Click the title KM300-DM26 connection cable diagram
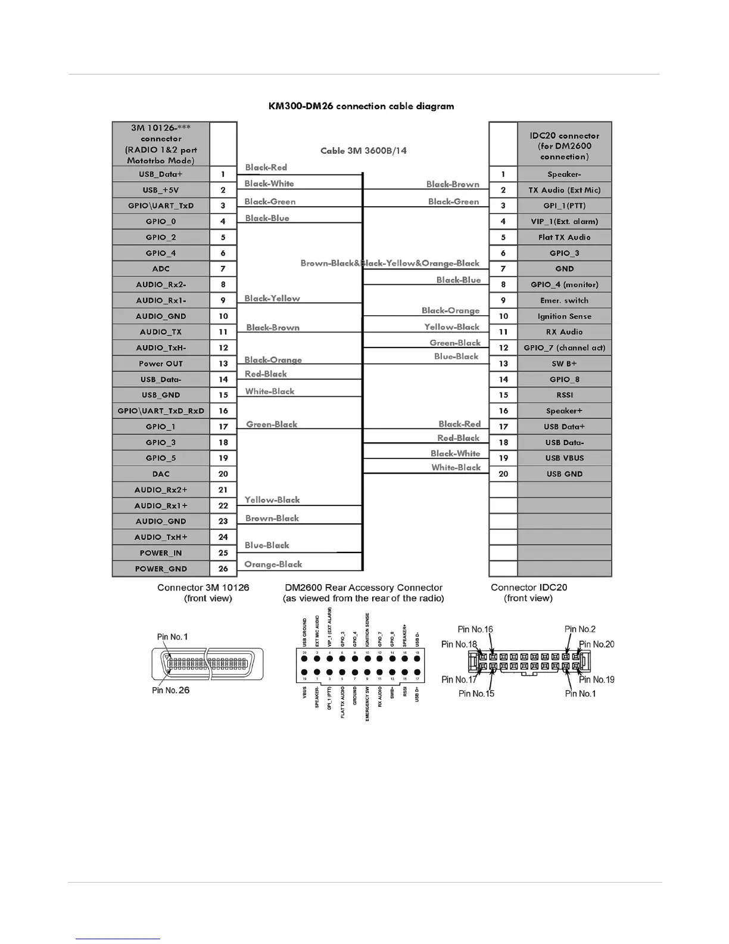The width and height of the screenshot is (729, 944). click(361, 107)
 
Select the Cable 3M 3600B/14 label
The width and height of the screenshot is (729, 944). click(363, 151)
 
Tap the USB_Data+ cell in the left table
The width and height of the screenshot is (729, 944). click(161, 174)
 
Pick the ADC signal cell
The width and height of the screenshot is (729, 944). click(161, 269)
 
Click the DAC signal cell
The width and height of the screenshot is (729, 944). click(161, 474)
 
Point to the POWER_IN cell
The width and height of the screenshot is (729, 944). click(161, 553)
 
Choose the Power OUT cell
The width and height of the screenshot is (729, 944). click(161, 364)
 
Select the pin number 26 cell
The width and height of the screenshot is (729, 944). click(223, 569)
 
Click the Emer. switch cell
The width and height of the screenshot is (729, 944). click(564, 300)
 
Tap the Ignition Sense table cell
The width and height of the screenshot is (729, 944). click(564, 316)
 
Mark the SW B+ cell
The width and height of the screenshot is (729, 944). click(564, 364)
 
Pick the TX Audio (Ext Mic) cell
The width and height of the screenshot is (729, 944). click(564, 190)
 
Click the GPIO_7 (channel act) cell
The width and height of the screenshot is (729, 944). click(564, 347)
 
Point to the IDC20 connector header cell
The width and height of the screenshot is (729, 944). click(564, 145)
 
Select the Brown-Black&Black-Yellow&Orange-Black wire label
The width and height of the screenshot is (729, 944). click(390, 263)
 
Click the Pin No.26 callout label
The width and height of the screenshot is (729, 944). click(171, 690)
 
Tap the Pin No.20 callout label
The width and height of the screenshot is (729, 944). click(596, 644)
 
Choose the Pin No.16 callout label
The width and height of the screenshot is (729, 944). click(475, 629)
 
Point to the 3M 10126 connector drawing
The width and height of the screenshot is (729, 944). click(207, 663)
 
